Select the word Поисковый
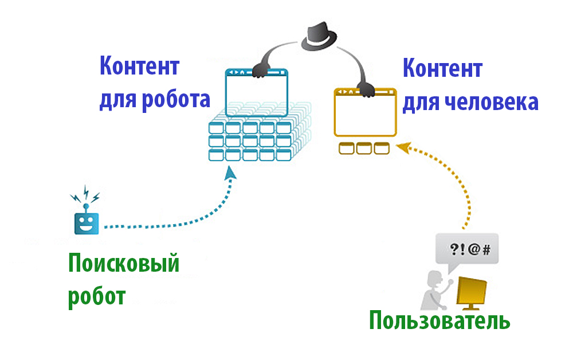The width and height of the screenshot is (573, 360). pyautogui.click(x=124, y=264)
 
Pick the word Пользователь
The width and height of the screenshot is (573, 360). pyautogui.click(x=439, y=320)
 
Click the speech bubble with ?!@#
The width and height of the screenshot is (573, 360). pyautogui.click(x=466, y=249)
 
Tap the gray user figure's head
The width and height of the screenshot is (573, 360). pyautogui.click(x=434, y=279)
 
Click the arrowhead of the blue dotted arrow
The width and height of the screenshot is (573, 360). pyautogui.click(x=230, y=173)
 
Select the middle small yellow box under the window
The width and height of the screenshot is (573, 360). pyautogui.click(x=364, y=148)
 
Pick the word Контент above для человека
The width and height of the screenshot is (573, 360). pyautogui.click(x=442, y=69)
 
